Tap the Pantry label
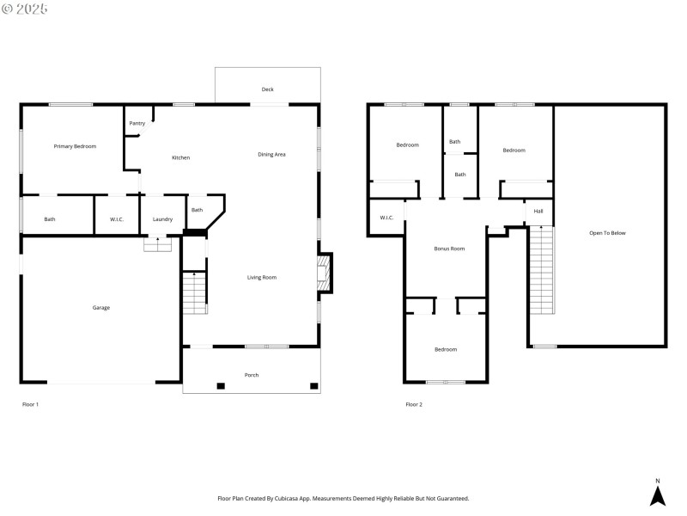coord(137,123)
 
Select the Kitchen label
coord(180,157)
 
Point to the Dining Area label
coord(271,155)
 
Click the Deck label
coord(268,89)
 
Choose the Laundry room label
coord(162,219)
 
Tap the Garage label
coord(100,307)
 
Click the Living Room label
coord(262,277)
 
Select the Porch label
coord(252,375)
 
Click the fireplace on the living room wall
coord(324,273)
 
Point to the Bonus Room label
coord(448,249)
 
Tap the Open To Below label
coord(607,233)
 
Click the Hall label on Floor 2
coord(538,212)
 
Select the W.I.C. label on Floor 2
coord(386,218)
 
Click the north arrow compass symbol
coord(658,494)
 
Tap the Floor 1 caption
coord(30,404)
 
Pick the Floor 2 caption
coord(414,404)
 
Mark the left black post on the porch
coord(221,386)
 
